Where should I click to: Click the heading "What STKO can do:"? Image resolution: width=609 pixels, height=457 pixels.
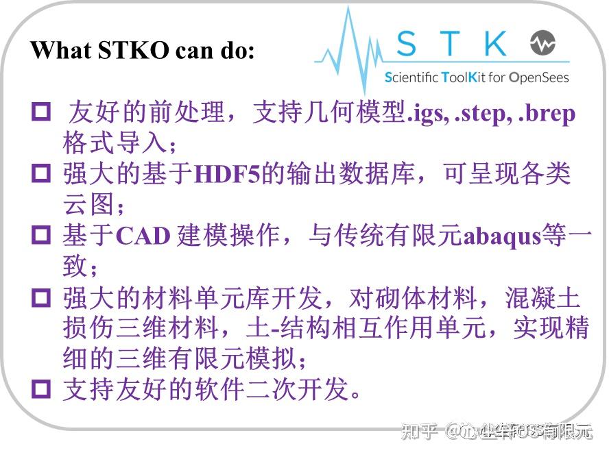pos(142,50)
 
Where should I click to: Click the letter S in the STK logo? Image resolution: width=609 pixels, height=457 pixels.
pos(406,43)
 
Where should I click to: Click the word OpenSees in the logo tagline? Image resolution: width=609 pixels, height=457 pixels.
pos(539,77)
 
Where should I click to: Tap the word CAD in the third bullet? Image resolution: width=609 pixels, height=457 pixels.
pos(143,236)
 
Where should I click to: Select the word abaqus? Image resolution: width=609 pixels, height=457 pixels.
pos(503,236)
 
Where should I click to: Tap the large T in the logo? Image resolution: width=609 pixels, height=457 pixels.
pos(451,43)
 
